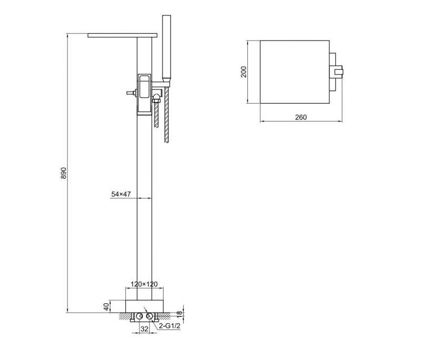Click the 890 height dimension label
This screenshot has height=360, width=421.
point(64,173)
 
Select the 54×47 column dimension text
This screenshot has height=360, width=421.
point(121,194)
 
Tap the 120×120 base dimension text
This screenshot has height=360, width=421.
point(144,284)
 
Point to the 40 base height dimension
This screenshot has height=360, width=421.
point(107,306)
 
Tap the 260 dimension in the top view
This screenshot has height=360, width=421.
point(300,117)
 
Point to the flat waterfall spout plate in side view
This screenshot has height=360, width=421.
point(123,35)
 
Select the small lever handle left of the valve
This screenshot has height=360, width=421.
point(130,93)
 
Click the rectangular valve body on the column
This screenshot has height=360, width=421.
point(144,93)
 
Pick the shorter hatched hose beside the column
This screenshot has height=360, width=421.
point(156,113)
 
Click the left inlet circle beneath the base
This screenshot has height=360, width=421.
point(140,316)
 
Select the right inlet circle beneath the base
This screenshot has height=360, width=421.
point(149,316)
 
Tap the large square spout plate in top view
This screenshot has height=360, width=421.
point(293,72)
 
